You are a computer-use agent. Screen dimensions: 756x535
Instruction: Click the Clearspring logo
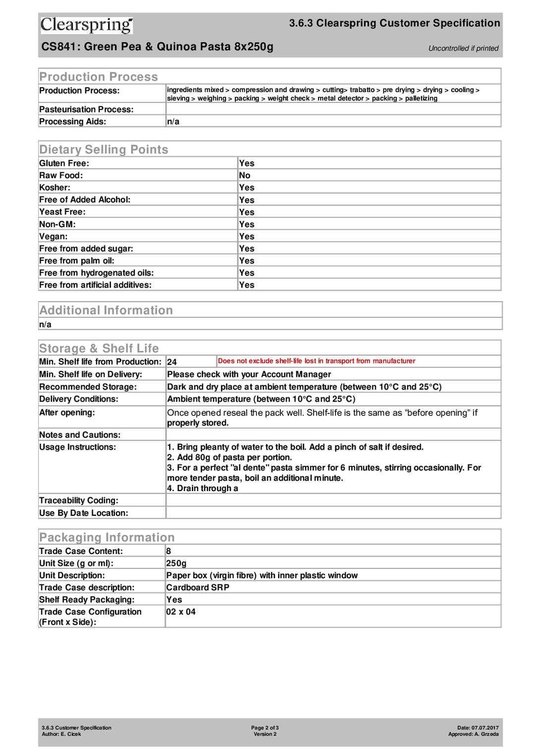click(x=86, y=25)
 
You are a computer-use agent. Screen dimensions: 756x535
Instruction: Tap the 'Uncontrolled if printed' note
click(x=463, y=48)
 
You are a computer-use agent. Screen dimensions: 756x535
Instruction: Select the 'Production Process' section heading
click(x=99, y=77)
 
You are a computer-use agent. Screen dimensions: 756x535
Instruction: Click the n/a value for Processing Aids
click(x=173, y=122)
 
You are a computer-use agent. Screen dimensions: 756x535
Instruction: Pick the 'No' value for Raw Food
click(x=245, y=175)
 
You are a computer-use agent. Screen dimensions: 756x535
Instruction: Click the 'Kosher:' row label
click(x=55, y=188)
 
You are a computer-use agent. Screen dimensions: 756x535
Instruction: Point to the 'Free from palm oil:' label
click(x=77, y=260)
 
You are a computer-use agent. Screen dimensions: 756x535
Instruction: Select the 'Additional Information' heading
click(x=106, y=310)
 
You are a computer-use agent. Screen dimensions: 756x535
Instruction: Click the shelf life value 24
click(x=172, y=362)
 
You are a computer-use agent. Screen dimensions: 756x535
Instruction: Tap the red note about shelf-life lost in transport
click(x=317, y=361)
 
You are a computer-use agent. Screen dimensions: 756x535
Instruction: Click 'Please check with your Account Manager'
click(x=249, y=374)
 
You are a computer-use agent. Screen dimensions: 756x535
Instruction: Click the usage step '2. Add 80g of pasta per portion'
click(x=229, y=457)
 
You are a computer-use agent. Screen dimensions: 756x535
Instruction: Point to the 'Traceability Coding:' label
click(x=79, y=501)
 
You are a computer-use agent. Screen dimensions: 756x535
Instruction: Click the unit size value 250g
click(x=176, y=563)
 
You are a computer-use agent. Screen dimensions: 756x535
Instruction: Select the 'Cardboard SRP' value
click(x=198, y=588)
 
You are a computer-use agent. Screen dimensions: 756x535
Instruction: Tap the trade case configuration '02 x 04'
click(x=181, y=612)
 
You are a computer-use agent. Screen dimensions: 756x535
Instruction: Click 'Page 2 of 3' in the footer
click(x=265, y=728)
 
